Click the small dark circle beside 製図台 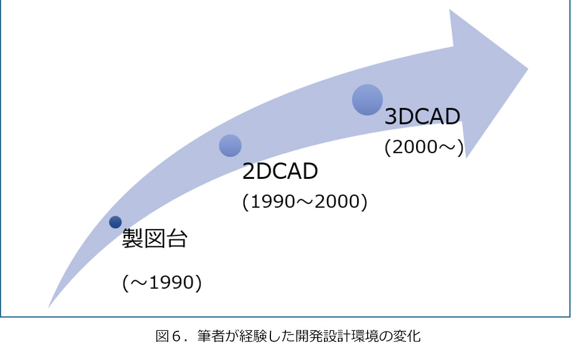[115, 222]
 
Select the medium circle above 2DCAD [230, 146]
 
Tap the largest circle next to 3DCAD [368, 100]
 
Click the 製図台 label [155, 239]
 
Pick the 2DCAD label [280, 171]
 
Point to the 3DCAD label [422, 117]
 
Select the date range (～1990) [162, 283]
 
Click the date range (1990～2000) [305, 202]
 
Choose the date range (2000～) [424, 147]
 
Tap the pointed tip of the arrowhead [528, 68]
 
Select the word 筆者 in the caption [211, 336]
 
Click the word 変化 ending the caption [407, 336]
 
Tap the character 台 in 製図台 [177, 239]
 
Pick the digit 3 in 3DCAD [390, 117]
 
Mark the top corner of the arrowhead [449, 9]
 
